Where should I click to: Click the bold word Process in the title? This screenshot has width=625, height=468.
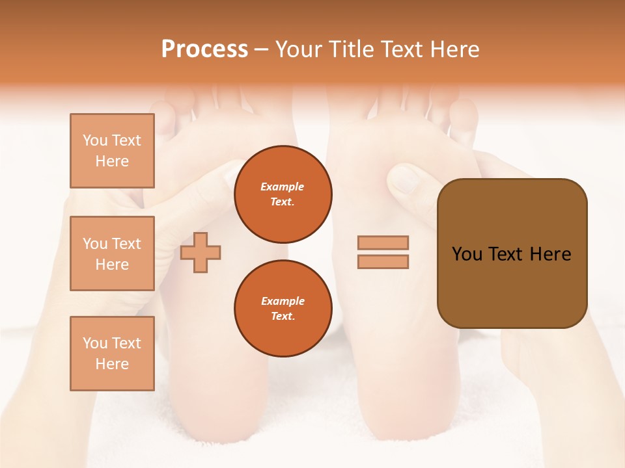204,49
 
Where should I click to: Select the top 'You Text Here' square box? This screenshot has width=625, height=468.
112,151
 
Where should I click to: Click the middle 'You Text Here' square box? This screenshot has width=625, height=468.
112,253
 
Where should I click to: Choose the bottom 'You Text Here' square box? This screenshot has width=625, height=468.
112,354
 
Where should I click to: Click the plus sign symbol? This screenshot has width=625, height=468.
201,252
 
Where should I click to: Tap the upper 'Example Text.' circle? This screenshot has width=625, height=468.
283,194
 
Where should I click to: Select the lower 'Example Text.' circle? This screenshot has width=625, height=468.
283,308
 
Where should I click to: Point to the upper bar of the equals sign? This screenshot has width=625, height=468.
383,242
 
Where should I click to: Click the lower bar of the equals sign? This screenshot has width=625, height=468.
383,261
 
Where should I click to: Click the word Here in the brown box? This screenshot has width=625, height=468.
550,254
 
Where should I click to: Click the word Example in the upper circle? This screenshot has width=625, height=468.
283,187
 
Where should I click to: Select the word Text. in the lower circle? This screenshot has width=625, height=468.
283,317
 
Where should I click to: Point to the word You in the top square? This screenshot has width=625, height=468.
94,140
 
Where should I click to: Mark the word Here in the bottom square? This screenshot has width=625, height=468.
112,364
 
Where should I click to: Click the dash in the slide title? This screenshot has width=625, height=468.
261,49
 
